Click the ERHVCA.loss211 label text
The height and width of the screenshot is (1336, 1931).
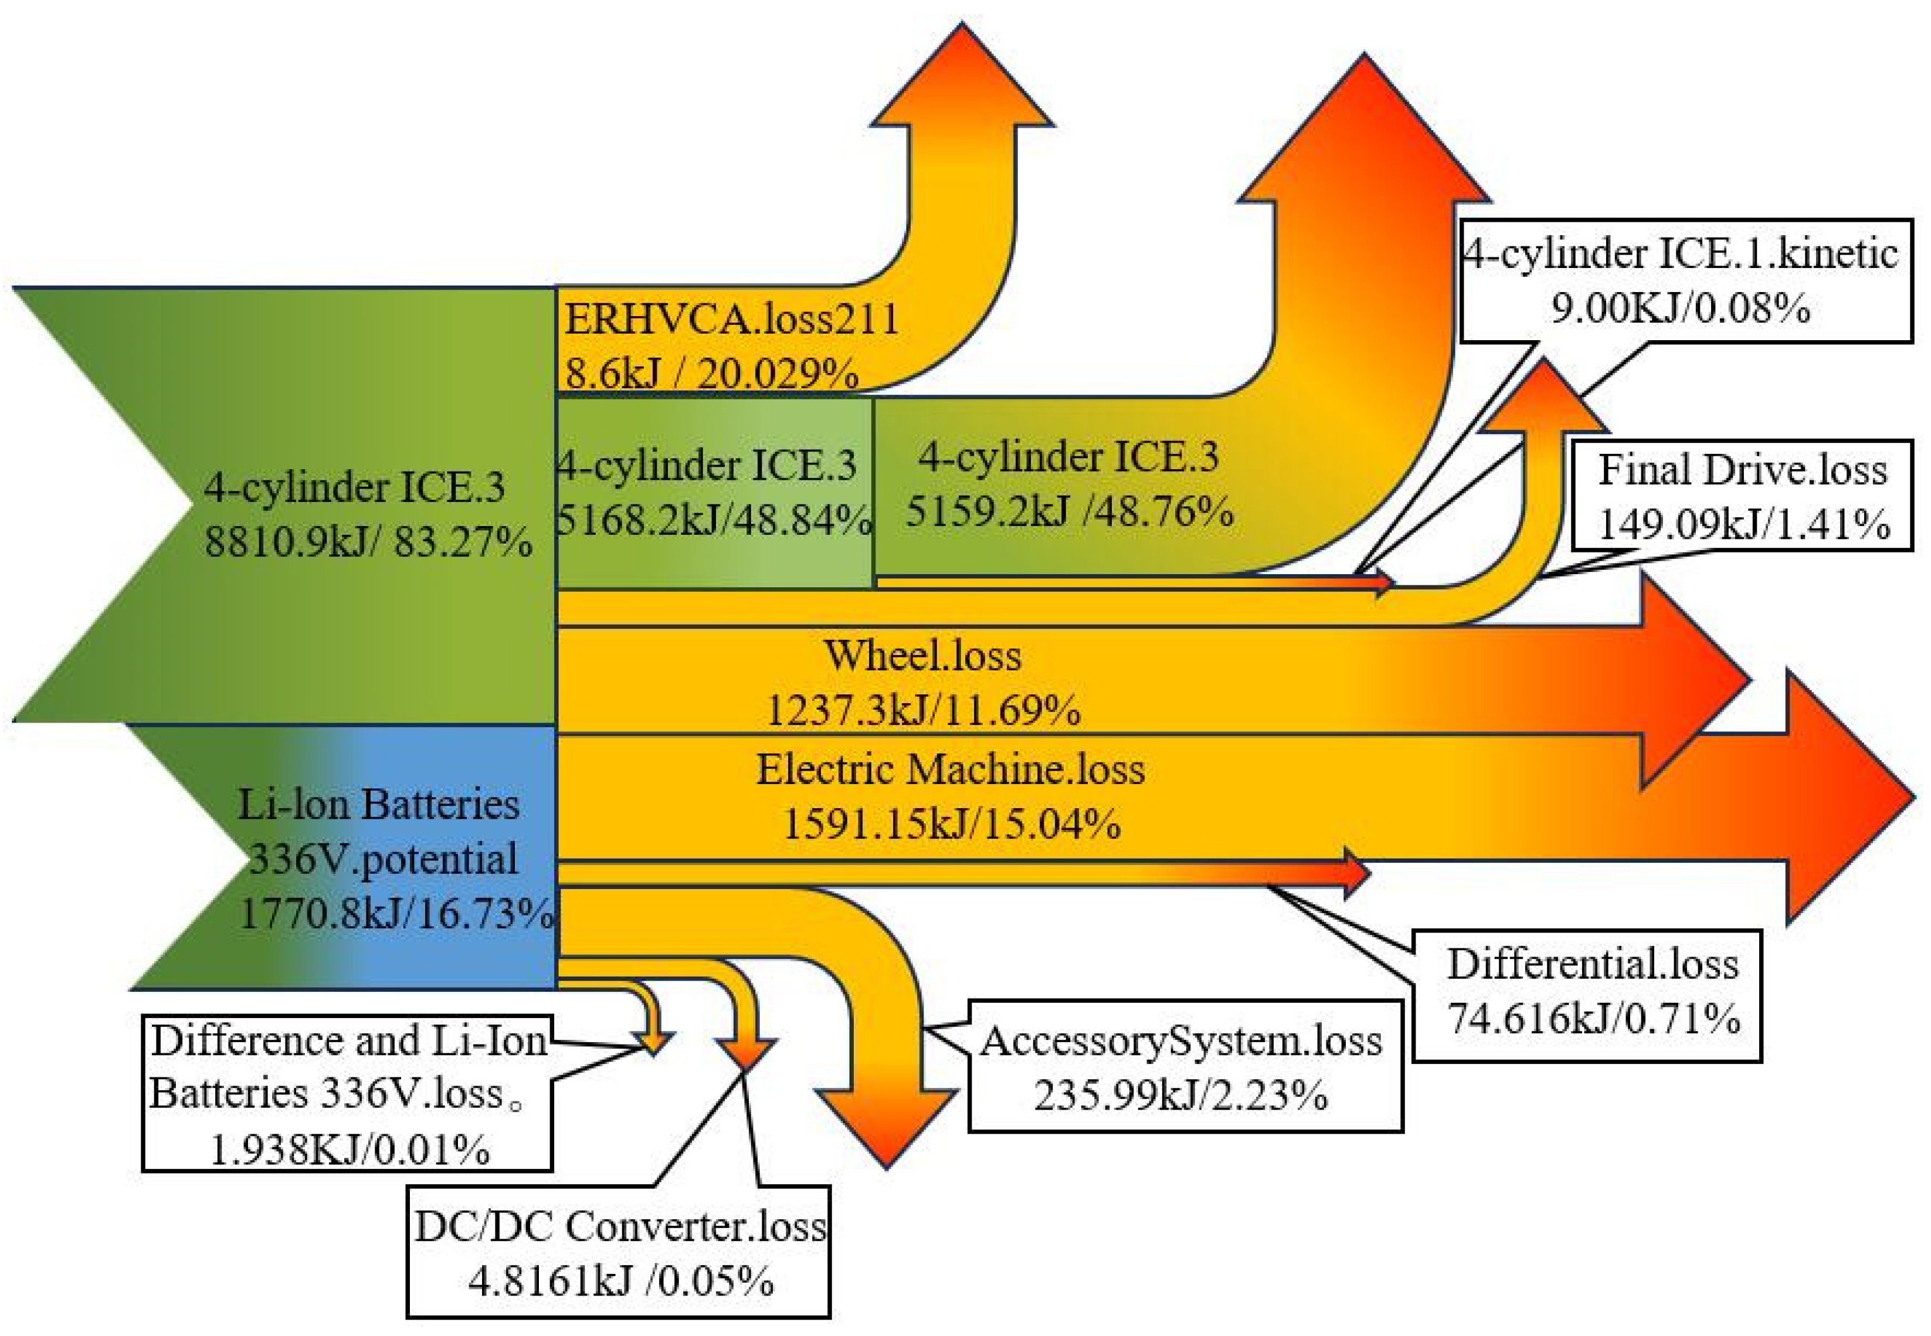click(x=731, y=319)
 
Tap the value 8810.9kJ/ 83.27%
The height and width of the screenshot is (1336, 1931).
click(x=368, y=542)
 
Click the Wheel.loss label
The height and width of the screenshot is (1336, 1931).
click(x=922, y=656)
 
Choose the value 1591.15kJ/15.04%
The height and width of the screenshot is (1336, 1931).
click(x=951, y=823)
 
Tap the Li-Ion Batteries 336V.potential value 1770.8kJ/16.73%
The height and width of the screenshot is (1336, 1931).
click(x=396, y=913)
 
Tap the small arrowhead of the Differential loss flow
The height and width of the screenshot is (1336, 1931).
click(x=1356, y=873)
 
